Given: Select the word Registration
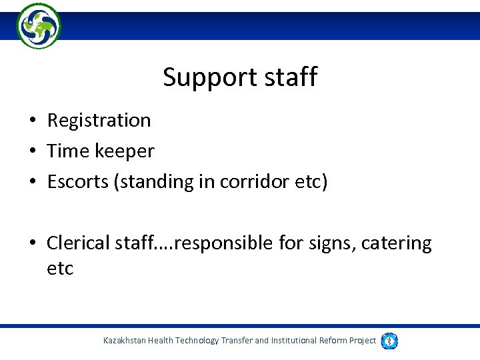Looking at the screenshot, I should pos(99,121).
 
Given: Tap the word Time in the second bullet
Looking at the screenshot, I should pos(68,151).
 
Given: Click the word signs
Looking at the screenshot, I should pos(332,244).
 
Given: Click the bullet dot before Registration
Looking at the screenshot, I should pos(31,121).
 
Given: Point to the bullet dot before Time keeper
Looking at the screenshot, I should pos(31,152).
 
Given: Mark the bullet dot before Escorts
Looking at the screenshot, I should pos(31,183).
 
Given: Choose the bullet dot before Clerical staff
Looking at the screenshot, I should pos(31,244).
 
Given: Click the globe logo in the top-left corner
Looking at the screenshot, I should pos(38,25).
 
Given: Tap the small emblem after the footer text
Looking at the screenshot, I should pos(390,341).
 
